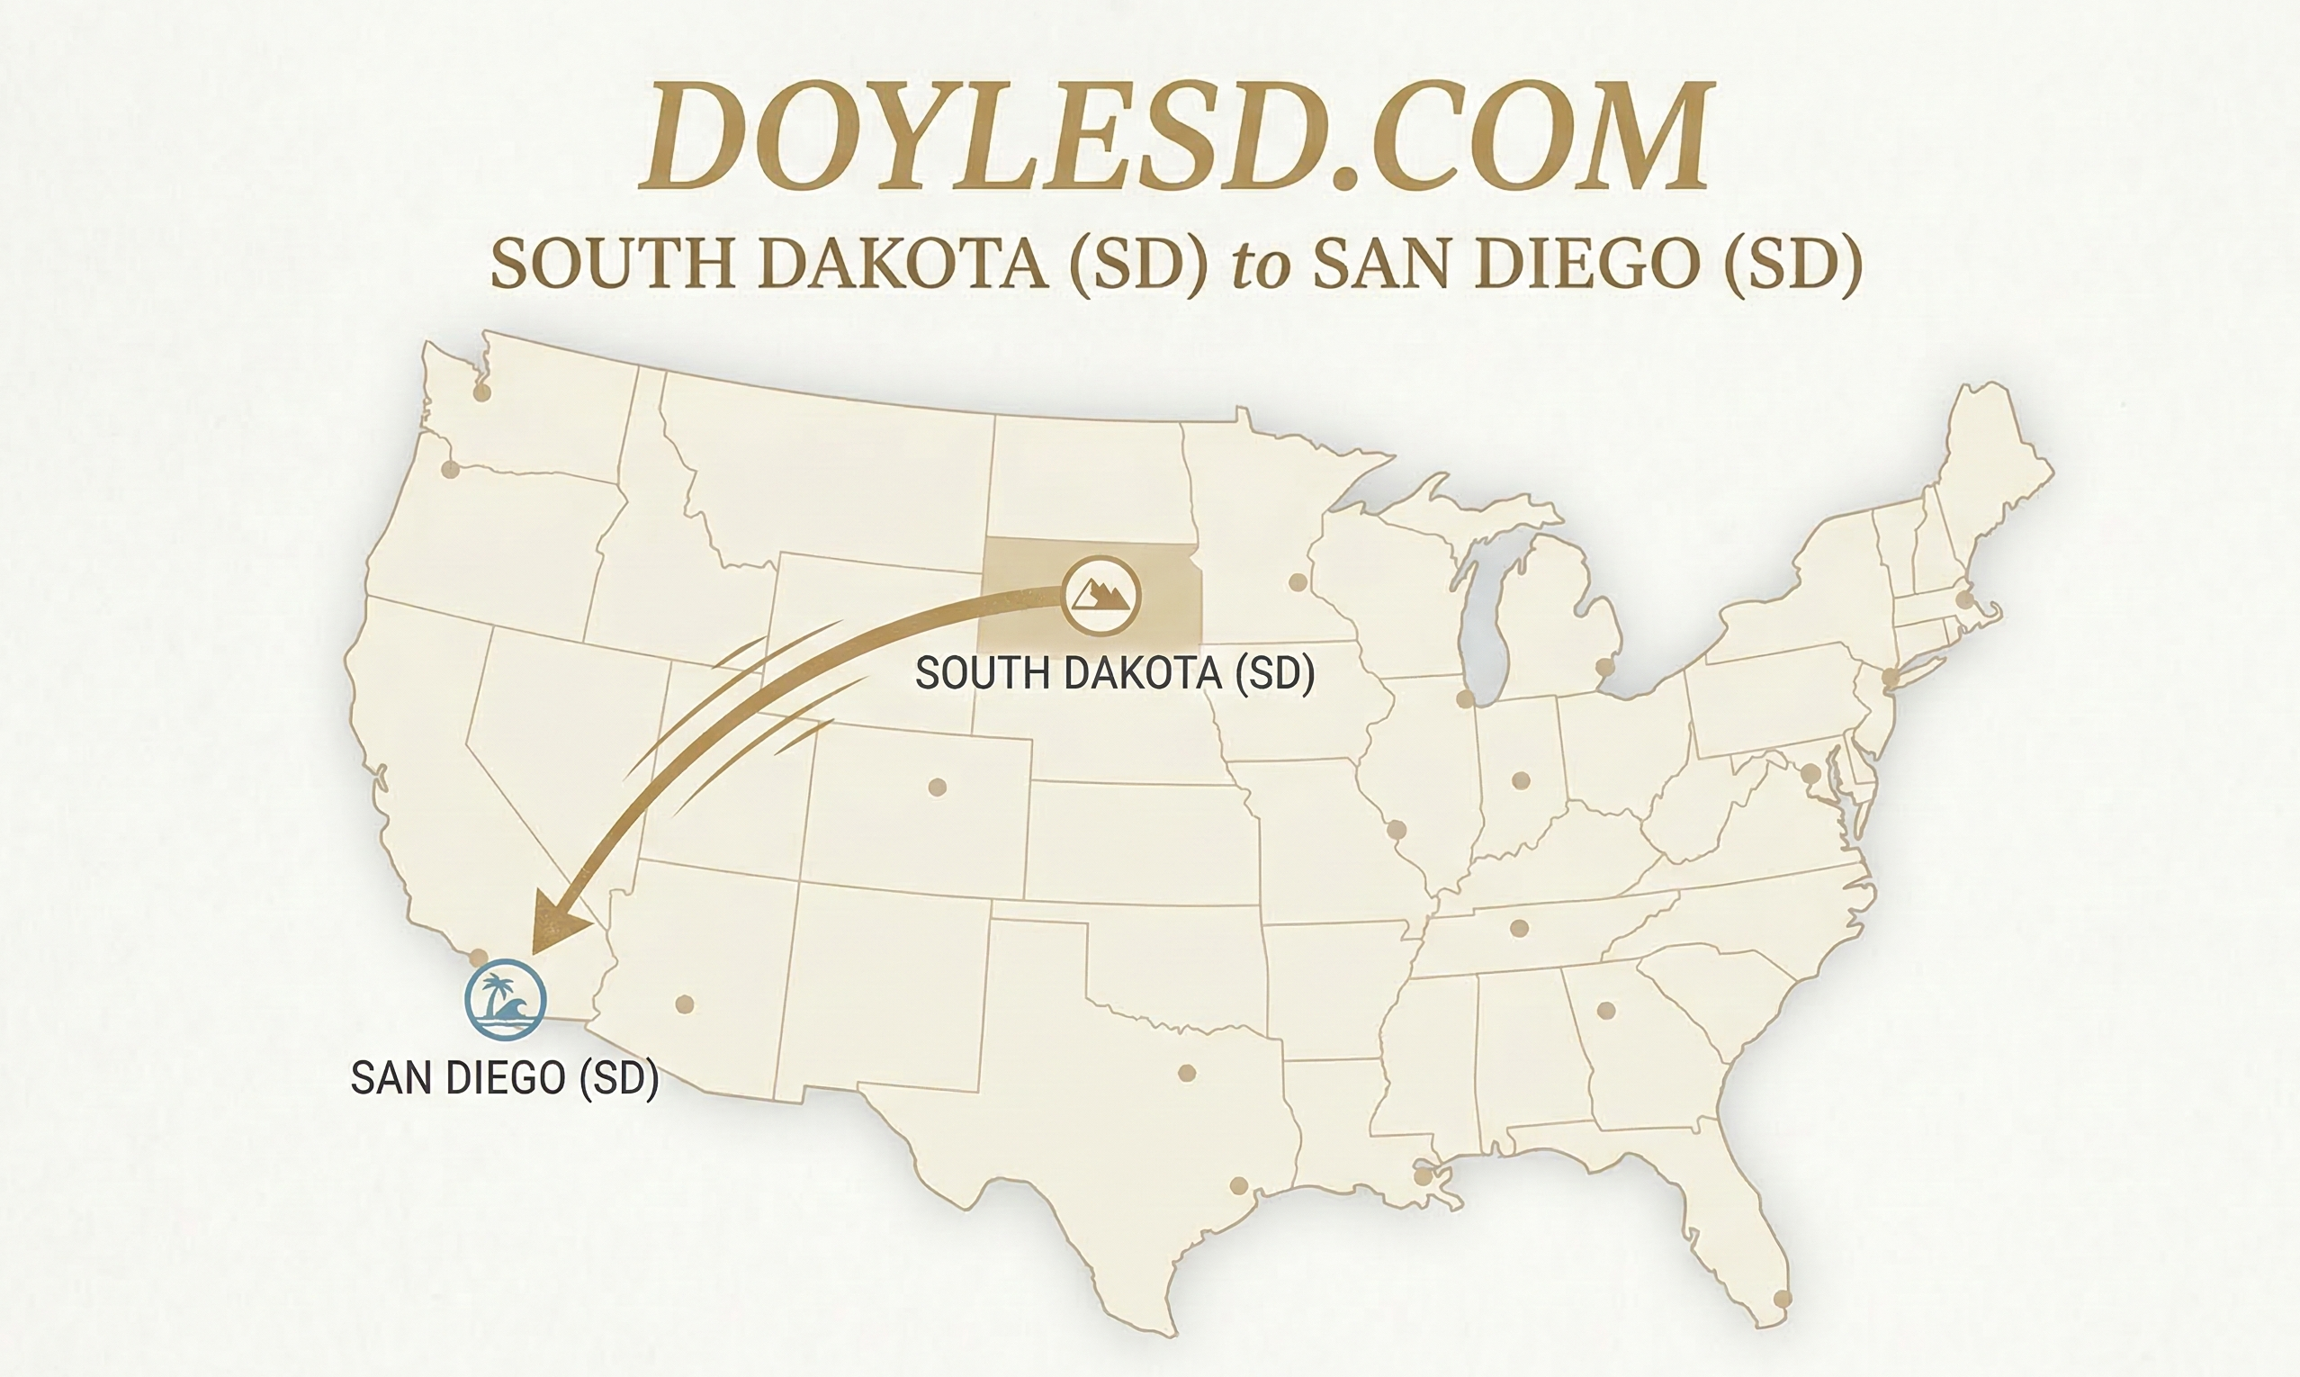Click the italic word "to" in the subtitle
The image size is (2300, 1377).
click(x=1261, y=265)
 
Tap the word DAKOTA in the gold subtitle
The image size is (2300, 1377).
click(x=903, y=265)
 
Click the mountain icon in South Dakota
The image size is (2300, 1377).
click(x=1101, y=595)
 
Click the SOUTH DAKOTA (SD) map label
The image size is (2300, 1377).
click(x=1114, y=672)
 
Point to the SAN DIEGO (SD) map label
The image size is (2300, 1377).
click(x=505, y=1077)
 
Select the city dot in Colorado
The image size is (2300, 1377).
click(x=937, y=787)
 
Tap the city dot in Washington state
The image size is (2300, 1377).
click(x=481, y=392)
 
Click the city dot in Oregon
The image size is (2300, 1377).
click(x=451, y=469)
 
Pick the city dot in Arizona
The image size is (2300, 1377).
click(x=685, y=1003)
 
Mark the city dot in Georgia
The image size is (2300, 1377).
click(x=1606, y=1010)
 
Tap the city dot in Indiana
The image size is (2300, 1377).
click(x=1520, y=780)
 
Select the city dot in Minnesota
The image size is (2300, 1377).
click(x=1298, y=582)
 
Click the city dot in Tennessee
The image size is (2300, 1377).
click(x=1519, y=928)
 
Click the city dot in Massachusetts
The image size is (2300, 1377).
click(x=1964, y=600)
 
